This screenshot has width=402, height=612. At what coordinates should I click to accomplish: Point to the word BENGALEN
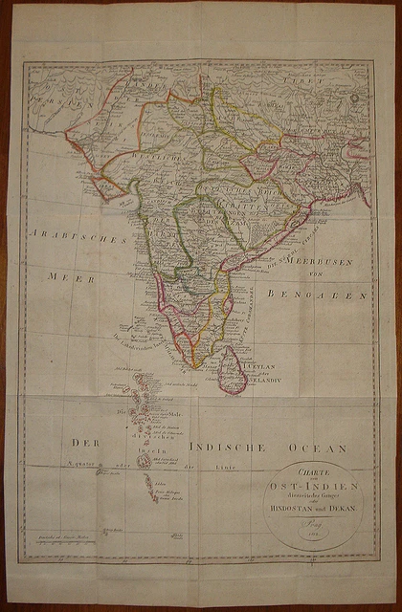[318, 295]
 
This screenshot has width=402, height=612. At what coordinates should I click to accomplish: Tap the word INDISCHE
[226, 447]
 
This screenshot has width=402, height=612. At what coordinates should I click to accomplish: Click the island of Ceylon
[232, 371]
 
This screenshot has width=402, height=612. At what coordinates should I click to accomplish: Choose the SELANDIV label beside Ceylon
[265, 382]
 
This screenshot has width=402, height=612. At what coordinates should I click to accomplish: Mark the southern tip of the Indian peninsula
[194, 366]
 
